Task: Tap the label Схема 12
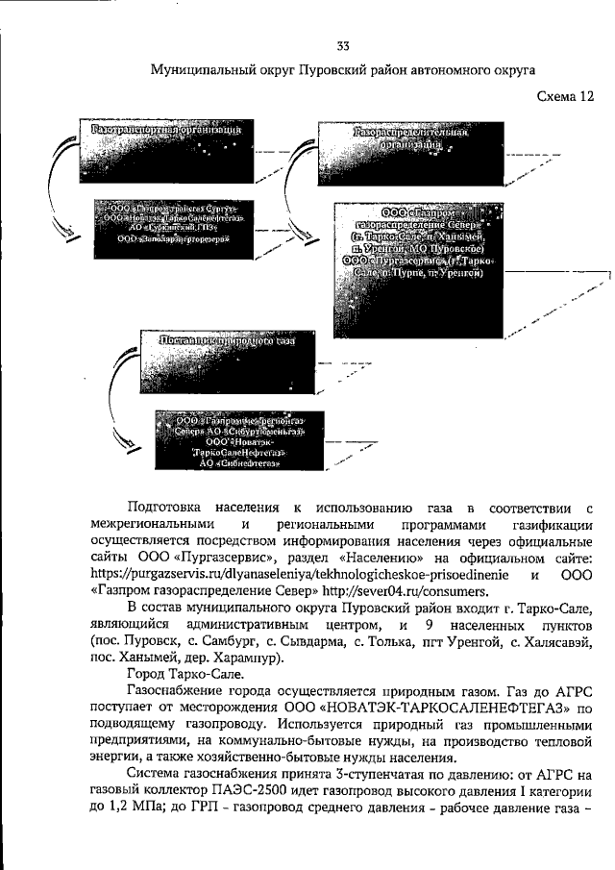pos(566,95)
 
